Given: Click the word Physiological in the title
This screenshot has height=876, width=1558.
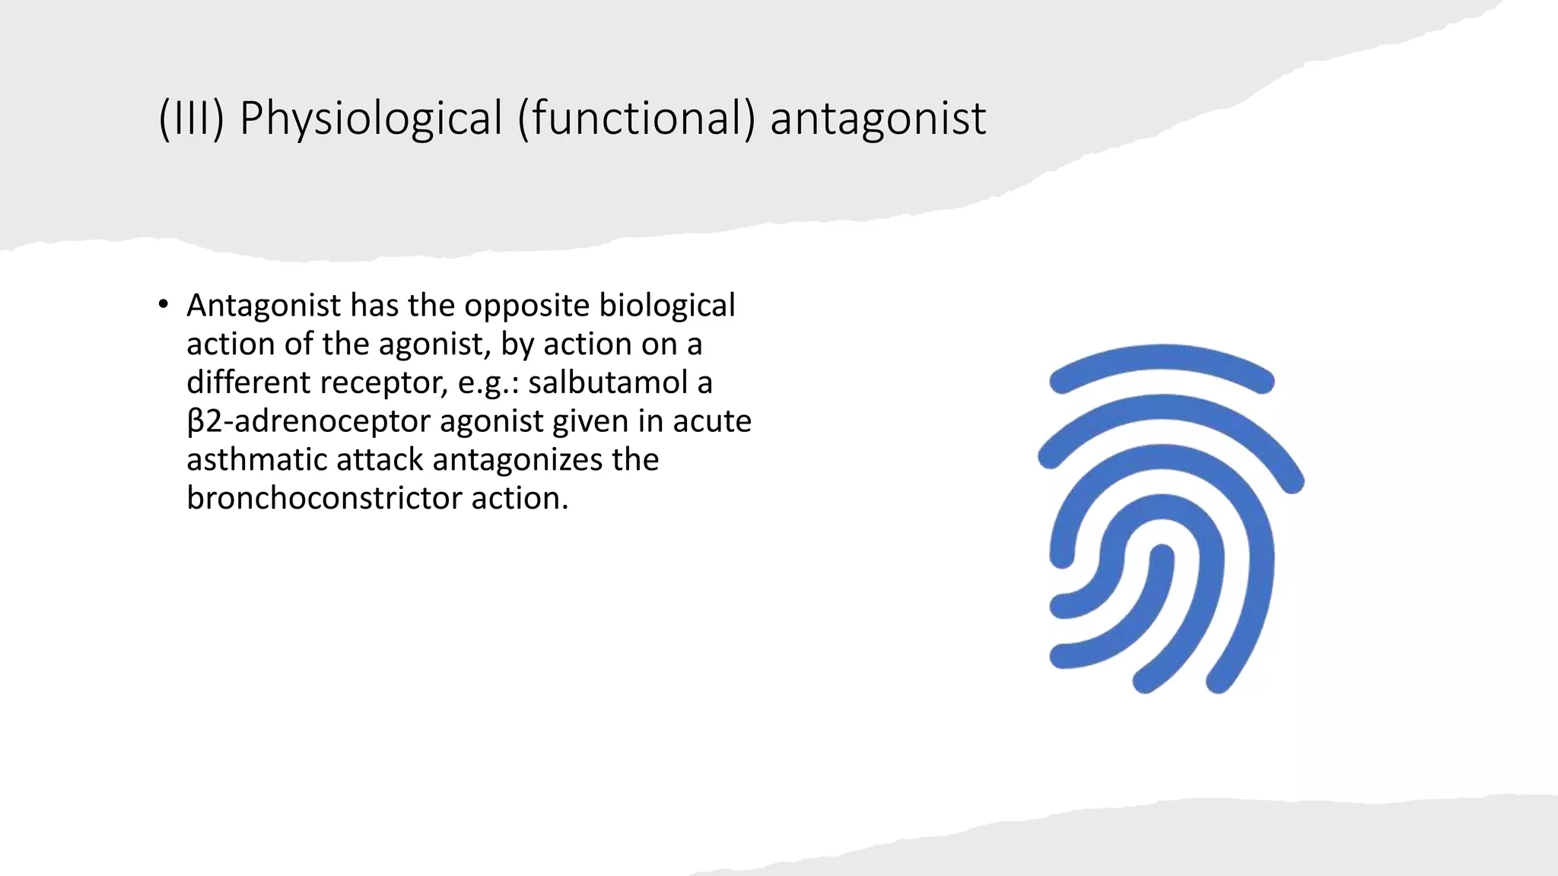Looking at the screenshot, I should point(370,119).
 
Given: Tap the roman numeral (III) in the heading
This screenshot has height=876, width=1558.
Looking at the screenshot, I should point(191,119).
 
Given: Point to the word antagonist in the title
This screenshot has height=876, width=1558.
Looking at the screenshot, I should point(878,119).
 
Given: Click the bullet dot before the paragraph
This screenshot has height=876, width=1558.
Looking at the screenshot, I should point(163,306).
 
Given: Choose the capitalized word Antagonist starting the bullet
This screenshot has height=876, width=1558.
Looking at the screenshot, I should point(263,306).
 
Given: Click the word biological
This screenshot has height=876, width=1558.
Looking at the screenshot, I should point(667,306).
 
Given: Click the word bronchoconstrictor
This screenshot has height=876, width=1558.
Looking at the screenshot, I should point(324,499).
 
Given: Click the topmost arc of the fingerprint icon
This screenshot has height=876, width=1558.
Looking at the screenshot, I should point(1161,360).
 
